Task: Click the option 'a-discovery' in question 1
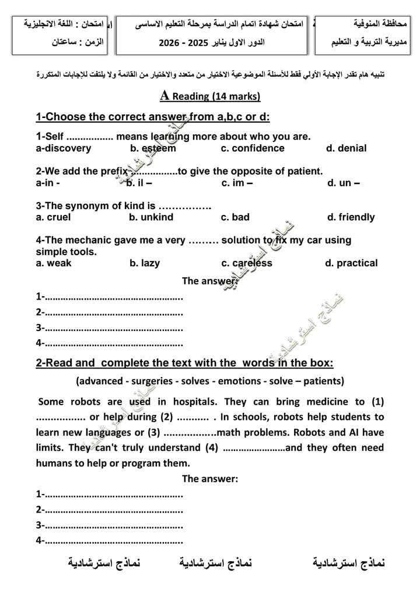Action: tap(64, 148)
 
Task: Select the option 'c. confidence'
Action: tap(253, 148)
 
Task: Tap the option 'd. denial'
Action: tap(346, 148)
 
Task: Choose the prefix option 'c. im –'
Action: tap(237, 183)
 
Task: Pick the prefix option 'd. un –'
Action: tap(343, 183)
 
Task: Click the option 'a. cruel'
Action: tap(53, 217)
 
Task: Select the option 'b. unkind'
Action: tap(151, 217)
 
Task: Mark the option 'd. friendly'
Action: tap(351, 217)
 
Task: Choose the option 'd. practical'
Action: tap(351, 263)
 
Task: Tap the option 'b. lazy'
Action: tap(145, 263)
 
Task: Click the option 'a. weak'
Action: tap(54, 263)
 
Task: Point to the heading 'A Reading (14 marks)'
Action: tap(209, 96)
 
